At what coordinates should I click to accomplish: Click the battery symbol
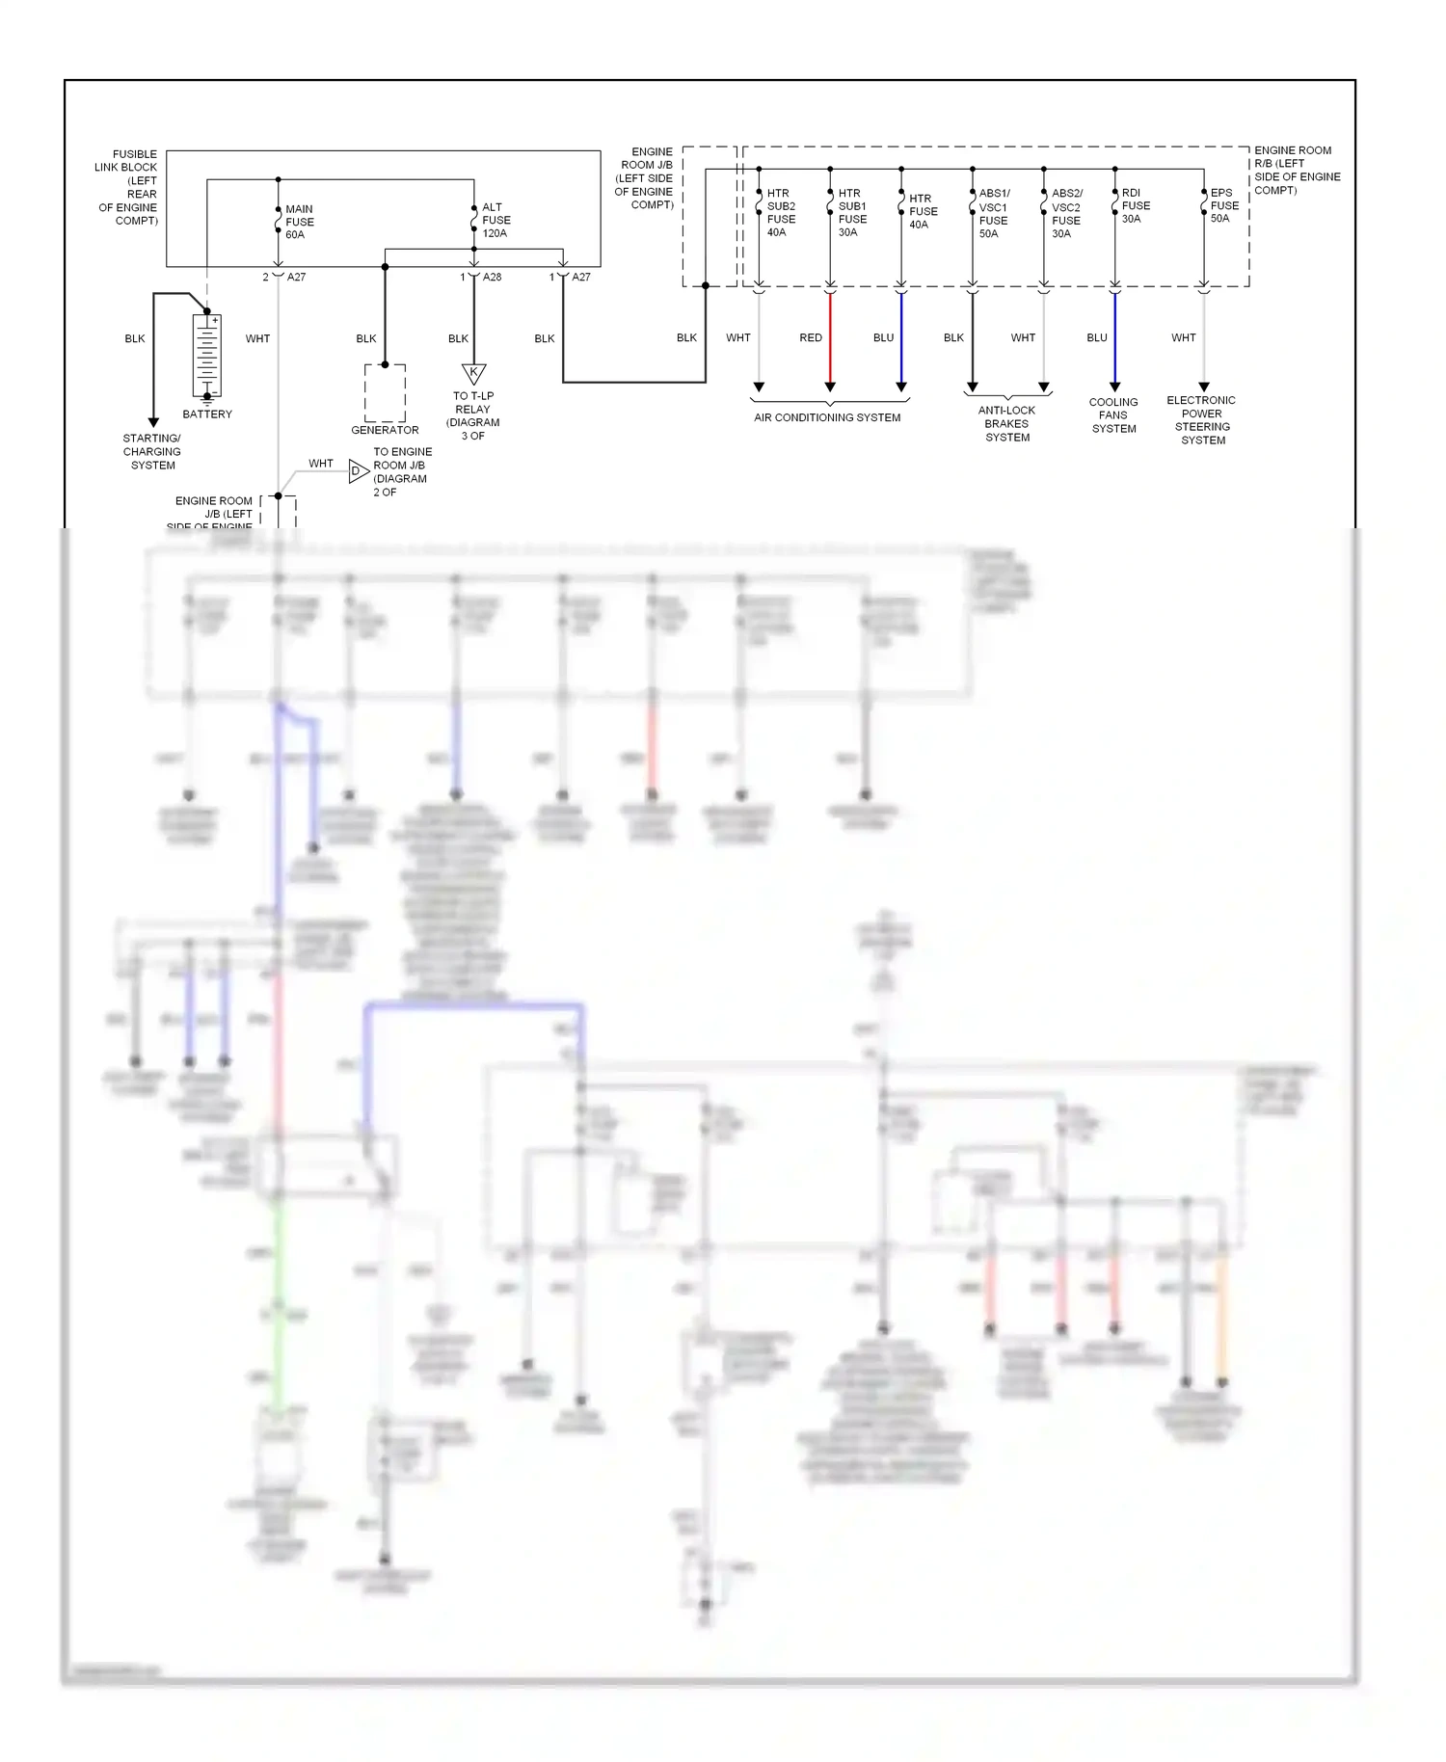click(207, 354)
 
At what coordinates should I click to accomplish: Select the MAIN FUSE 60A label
click(299, 222)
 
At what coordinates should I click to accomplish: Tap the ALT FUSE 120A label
click(495, 220)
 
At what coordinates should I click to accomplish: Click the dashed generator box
click(385, 392)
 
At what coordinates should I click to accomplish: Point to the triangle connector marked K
click(473, 373)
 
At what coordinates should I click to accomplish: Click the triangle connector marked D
click(358, 471)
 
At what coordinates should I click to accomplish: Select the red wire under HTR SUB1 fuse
click(830, 337)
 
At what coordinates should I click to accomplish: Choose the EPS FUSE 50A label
click(1223, 205)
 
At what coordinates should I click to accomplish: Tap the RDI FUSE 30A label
click(1135, 205)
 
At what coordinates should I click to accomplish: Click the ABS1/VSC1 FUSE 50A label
click(993, 213)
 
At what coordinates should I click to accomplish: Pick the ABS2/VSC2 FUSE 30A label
click(1065, 213)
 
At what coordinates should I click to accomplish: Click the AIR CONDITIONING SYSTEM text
click(827, 417)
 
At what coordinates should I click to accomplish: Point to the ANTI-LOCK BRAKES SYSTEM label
click(1007, 423)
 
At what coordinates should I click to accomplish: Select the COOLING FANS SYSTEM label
click(1113, 415)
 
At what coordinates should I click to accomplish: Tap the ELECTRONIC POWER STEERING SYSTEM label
click(1202, 420)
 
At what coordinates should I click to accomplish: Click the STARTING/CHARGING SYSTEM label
click(152, 451)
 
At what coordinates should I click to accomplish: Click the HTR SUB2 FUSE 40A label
click(780, 212)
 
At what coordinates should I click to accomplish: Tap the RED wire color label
click(811, 337)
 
